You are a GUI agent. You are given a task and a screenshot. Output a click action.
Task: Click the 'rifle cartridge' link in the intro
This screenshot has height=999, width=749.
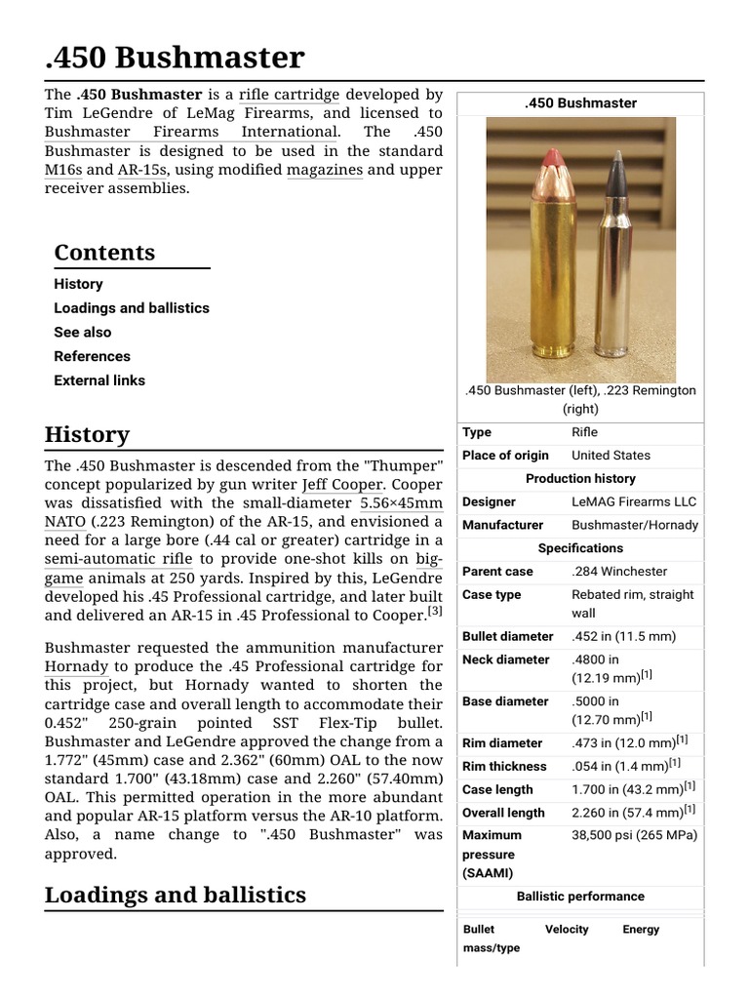point(289,95)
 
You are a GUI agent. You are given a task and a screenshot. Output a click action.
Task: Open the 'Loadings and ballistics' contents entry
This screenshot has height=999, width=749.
point(132,307)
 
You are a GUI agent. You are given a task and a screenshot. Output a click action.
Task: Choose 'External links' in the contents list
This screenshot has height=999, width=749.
point(99,380)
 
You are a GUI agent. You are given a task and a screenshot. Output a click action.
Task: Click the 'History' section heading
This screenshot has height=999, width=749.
point(87,434)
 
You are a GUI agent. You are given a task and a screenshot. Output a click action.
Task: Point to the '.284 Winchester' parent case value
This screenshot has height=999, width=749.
point(619,571)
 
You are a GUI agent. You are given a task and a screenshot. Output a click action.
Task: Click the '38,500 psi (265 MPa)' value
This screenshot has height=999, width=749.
point(634,835)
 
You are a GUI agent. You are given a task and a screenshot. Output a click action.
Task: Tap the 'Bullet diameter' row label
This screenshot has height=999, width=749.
point(507,636)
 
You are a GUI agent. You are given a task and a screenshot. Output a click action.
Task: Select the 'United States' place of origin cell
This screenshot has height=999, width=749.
point(611,455)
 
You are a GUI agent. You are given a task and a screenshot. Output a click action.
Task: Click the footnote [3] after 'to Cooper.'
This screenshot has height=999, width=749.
point(435,612)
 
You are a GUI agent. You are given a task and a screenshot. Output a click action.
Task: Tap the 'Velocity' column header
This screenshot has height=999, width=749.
point(567,930)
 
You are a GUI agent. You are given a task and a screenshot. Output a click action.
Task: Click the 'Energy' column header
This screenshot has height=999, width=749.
point(641,930)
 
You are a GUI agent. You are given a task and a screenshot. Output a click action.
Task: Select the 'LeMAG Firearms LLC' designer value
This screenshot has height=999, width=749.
point(634,501)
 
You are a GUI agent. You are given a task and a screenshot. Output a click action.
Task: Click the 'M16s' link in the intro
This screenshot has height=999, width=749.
point(63,169)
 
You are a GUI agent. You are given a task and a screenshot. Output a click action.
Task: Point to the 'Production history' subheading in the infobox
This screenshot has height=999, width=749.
point(580,478)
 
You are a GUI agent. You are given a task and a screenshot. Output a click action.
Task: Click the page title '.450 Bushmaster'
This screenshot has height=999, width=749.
point(175,58)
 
